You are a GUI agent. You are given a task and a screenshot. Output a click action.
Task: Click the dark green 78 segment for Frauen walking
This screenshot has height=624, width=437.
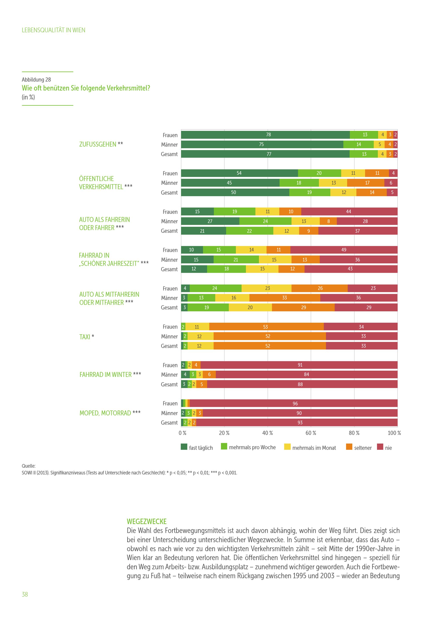[x=265, y=135]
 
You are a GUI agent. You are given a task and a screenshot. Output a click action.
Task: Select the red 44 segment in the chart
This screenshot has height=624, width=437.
[x=349, y=211]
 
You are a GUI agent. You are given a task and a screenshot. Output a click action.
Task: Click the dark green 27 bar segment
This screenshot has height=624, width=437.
[x=210, y=221]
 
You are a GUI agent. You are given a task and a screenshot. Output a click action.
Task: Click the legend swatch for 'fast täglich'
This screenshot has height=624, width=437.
[x=184, y=447]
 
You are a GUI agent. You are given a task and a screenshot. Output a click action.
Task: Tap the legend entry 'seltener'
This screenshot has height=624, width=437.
[x=362, y=448]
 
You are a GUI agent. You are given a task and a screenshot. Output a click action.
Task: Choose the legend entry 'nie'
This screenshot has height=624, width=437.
[x=388, y=448]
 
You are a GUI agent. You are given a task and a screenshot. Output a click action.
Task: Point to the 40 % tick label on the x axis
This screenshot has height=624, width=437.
[x=267, y=433]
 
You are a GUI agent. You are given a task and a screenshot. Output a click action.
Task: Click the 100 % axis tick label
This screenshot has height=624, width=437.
[x=394, y=433]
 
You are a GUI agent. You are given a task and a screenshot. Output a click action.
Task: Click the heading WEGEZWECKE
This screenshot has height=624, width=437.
[x=147, y=521]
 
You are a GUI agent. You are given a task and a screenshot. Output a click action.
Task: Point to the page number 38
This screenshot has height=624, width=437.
[x=25, y=594]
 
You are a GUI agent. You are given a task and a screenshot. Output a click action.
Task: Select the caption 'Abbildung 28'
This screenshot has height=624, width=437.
[x=36, y=80]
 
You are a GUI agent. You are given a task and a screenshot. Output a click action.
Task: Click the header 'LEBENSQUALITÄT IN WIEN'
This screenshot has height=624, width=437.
[x=53, y=30]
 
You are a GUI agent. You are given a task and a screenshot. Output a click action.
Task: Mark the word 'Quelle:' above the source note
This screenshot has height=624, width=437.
[x=29, y=466]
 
